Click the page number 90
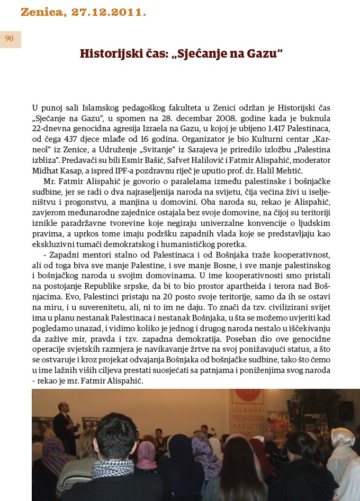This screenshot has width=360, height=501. [x=10, y=39]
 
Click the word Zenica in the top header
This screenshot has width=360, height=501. [x=42, y=12]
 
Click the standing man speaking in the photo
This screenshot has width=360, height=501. [x=62, y=423]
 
